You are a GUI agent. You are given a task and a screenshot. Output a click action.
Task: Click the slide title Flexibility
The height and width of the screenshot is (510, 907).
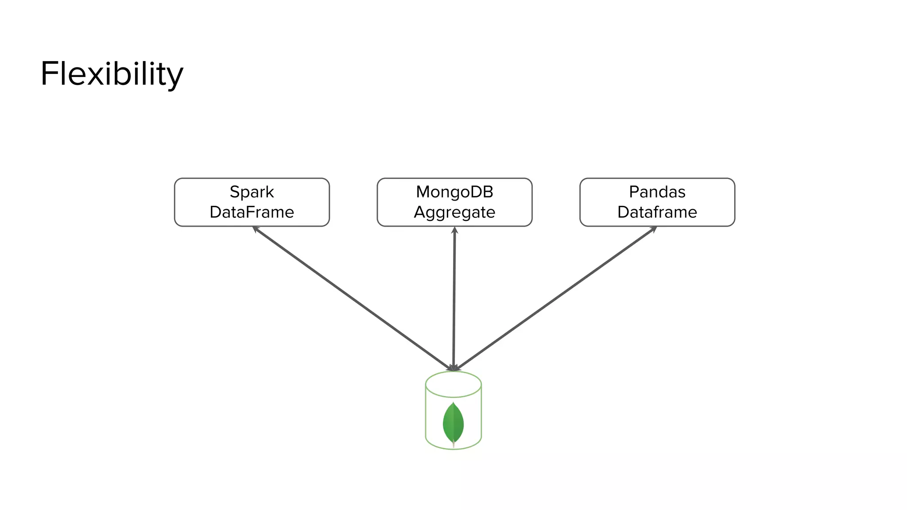[112, 74]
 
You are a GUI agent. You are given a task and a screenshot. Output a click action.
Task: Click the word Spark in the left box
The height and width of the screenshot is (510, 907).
[252, 192]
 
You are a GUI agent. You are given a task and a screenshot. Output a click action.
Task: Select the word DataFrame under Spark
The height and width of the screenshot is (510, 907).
[252, 212]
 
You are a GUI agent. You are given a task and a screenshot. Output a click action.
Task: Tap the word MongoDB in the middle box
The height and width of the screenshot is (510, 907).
[454, 192]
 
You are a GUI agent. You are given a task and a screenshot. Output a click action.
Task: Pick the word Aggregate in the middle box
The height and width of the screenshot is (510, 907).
[454, 212]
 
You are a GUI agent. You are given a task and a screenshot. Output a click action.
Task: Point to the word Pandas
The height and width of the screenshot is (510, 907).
[657, 192]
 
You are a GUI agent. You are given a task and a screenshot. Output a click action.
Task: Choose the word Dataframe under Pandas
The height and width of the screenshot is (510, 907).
[657, 212]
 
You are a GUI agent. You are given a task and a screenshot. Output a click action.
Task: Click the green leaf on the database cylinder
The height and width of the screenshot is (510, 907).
[453, 423]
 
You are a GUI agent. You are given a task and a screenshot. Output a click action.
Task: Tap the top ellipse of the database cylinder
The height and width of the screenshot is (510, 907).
[453, 384]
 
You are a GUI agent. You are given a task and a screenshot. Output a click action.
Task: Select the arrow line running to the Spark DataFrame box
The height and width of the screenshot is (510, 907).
[352, 298]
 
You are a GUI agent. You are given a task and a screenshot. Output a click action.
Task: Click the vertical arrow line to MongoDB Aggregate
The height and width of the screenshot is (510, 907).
[454, 299]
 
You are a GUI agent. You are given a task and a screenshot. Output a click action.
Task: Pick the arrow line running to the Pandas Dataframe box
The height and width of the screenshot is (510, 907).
[556, 298]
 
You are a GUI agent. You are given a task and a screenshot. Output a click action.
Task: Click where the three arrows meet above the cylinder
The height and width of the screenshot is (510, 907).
[453, 368]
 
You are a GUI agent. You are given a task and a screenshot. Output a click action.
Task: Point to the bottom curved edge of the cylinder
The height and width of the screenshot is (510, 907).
[453, 449]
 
